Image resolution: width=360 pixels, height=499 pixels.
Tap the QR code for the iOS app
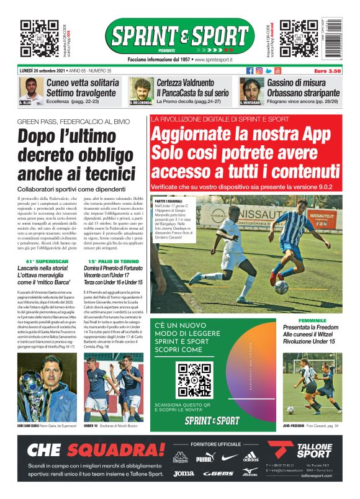click(40, 38)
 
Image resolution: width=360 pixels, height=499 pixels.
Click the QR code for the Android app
click(299, 38)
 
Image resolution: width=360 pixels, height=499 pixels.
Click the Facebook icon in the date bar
click(250, 71)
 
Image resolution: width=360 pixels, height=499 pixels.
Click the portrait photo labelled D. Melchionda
click(142, 91)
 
